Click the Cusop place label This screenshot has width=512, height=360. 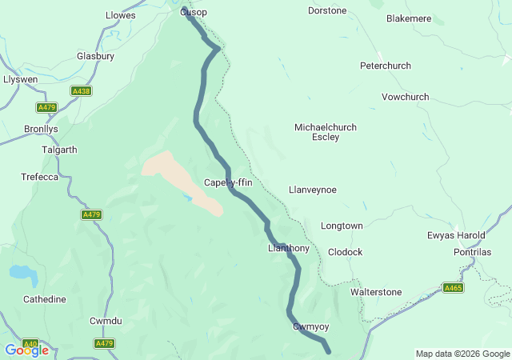pyautogui.click(x=194, y=13)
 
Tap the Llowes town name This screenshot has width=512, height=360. pyautogui.click(x=121, y=15)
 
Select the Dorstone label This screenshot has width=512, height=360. pyautogui.click(x=327, y=10)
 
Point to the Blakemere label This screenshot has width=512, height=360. pyautogui.click(x=409, y=18)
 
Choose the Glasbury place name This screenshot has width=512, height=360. pyautogui.click(x=95, y=56)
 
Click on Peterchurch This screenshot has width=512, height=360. pyautogui.click(x=385, y=65)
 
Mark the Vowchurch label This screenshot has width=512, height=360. pyautogui.click(x=405, y=97)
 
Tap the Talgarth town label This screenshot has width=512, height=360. pyautogui.click(x=59, y=150)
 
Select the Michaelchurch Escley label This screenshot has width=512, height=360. pyautogui.click(x=326, y=132)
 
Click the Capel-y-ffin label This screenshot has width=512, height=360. pyautogui.click(x=228, y=182)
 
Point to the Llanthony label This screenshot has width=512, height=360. pyautogui.click(x=288, y=249)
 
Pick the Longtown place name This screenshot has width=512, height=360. pyautogui.click(x=342, y=226)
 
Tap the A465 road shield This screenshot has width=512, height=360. pyautogui.click(x=452, y=288)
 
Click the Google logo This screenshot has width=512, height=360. pyautogui.click(x=26, y=350)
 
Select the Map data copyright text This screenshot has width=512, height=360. pyautogui.click(x=462, y=354)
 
